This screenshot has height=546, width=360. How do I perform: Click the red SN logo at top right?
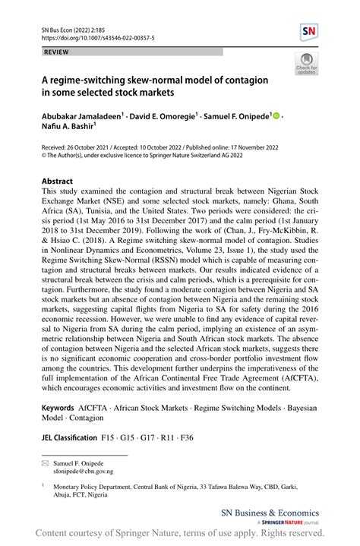310,32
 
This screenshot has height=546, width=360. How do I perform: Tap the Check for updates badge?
307,65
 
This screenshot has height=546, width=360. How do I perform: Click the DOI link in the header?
90,36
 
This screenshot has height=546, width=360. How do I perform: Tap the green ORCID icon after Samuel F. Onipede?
276,115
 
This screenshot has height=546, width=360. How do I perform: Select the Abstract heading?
58,181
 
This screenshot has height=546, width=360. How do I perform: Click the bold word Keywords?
58,409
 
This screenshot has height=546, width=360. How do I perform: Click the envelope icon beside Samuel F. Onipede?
45,462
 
